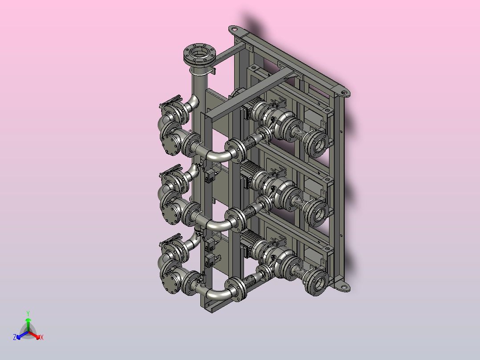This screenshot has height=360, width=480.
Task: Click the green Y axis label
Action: (28, 313)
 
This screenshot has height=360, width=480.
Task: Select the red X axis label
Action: (42, 337)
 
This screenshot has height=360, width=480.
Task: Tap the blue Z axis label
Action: (15, 337)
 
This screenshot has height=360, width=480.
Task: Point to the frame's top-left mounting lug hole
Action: (234, 29)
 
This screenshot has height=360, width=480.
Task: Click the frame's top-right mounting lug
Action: (343, 92)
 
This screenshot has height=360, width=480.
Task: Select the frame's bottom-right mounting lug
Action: (342, 287)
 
